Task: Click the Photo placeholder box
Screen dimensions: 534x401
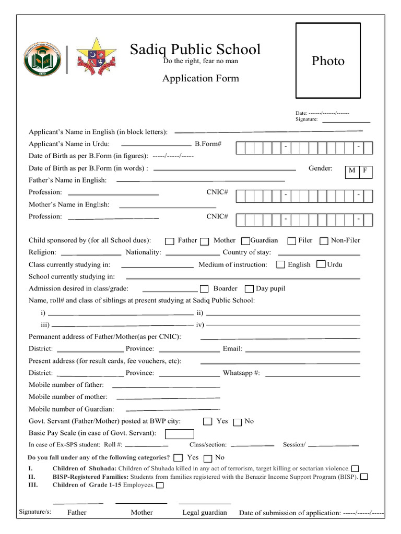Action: click(x=328, y=60)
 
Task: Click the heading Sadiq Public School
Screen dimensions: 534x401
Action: click(x=195, y=50)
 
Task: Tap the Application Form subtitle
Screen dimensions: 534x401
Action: click(x=200, y=79)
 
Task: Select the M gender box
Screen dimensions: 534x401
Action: click(x=352, y=171)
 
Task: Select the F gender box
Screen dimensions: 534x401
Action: click(x=365, y=171)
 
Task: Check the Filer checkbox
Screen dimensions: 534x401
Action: click(x=291, y=241)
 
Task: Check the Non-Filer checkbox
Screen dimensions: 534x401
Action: click(x=324, y=241)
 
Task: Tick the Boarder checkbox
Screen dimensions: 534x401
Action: click(x=204, y=289)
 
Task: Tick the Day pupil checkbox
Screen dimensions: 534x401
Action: click(x=249, y=289)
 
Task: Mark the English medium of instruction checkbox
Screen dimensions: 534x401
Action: click(x=280, y=265)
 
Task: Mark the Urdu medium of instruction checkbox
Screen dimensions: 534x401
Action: click(x=321, y=265)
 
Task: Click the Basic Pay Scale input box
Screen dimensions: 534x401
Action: click(x=180, y=434)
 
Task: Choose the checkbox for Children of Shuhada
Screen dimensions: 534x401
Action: click(x=355, y=468)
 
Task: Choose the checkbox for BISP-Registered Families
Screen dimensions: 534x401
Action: click(x=364, y=477)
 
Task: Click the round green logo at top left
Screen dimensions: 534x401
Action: click(x=42, y=60)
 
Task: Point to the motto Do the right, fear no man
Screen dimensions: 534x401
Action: click(x=200, y=62)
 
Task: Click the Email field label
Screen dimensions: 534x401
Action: click(x=232, y=349)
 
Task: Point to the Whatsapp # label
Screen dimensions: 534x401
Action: click(x=241, y=373)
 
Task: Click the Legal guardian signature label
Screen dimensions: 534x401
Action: click(x=205, y=513)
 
